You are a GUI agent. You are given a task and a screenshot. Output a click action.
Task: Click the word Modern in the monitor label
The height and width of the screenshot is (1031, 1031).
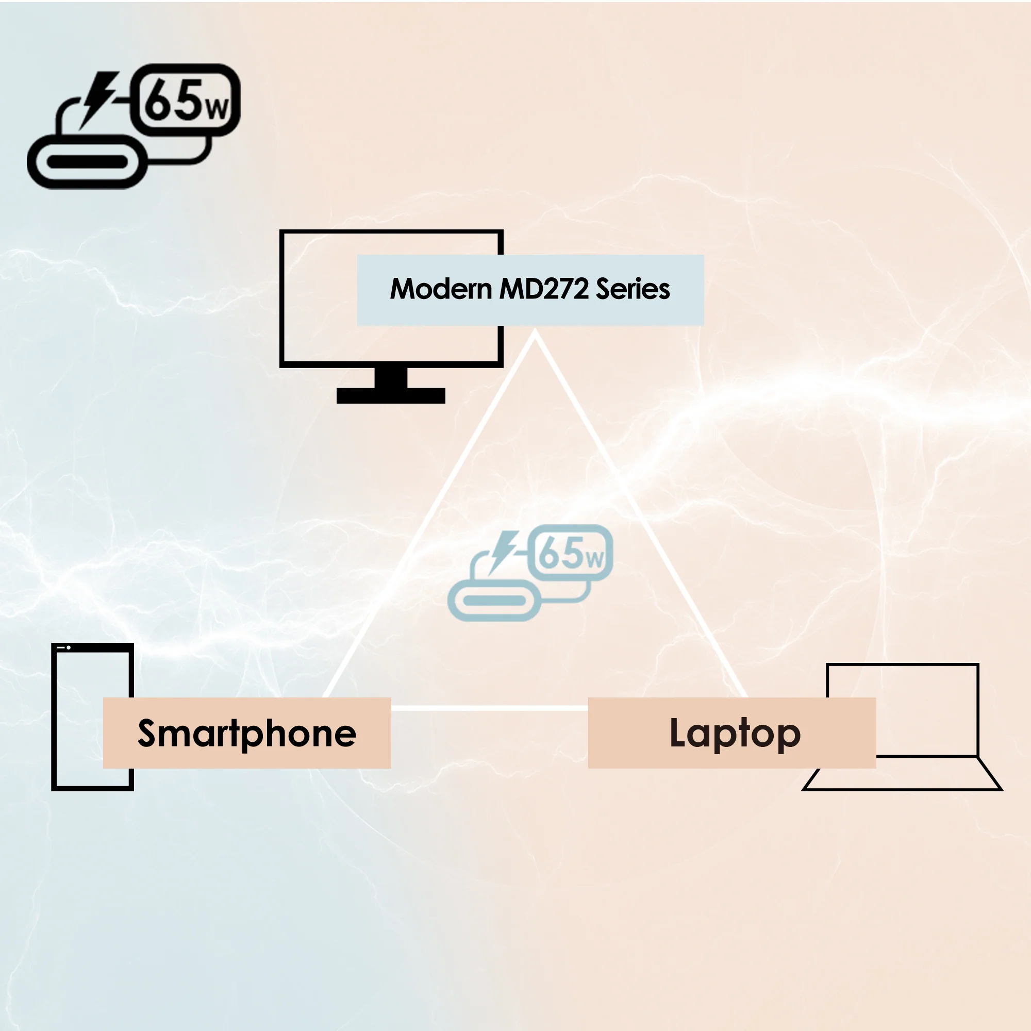(x=441, y=289)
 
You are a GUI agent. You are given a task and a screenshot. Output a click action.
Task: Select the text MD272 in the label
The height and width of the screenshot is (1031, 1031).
(x=544, y=289)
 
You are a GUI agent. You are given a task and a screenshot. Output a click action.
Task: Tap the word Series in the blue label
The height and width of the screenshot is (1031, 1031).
(x=633, y=289)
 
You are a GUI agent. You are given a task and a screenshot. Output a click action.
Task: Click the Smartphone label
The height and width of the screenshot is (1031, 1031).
(x=247, y=733)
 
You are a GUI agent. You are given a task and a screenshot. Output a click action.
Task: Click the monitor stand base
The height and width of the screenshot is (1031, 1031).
(x=391, y=395)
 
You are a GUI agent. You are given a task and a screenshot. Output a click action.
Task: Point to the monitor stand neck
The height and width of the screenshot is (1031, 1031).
(x=391, y=378)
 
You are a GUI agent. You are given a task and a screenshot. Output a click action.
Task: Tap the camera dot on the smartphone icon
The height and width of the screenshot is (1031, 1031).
(x=69, y=647)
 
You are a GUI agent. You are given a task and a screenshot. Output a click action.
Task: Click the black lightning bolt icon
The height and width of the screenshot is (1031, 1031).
(x=99, y=101)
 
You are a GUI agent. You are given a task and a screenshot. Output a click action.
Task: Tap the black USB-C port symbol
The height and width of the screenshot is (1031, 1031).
(x=87, y=161)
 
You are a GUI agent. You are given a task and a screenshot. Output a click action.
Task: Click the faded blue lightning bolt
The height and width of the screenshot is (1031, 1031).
(x=503, y=553)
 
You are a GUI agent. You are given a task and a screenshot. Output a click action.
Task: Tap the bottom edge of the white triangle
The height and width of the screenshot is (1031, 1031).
(x=490, y=708)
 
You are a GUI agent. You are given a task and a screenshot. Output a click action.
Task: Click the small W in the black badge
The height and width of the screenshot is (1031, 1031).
(x=218, y=109)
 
